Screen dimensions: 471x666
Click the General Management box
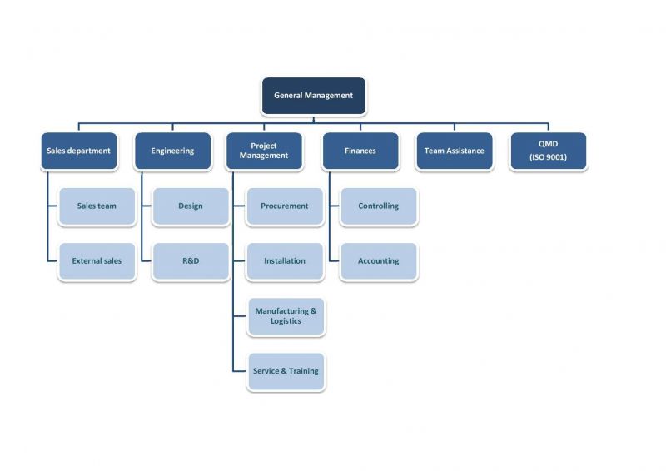313,96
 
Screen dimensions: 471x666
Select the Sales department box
78,151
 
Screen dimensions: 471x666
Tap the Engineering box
172,151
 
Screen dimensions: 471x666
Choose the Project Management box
264,151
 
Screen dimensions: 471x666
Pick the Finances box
360,151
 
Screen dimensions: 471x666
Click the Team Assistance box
454,151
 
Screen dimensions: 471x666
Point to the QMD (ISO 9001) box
548,151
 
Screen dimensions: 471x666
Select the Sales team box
97,206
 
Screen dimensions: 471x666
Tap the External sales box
97,261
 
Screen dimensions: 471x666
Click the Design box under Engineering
191,206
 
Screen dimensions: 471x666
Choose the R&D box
191,261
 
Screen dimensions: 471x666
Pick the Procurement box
285,206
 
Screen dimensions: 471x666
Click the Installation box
285,261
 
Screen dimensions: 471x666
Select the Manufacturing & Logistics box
286,316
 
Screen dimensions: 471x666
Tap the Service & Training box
286,371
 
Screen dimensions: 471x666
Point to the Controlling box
379,206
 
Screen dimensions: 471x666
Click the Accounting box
379,261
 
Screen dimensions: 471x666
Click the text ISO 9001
548,157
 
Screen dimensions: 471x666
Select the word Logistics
286,322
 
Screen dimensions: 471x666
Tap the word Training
303,371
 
